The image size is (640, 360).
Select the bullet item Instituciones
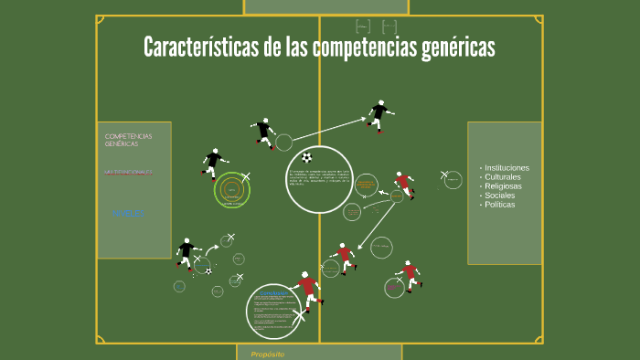point(507,167)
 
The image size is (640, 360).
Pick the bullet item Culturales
point(502,176)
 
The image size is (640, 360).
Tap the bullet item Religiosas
point(504,186)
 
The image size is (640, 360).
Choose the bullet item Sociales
point(500,196)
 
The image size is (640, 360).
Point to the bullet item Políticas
point(500,205)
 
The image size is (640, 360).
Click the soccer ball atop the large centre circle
point(307,157)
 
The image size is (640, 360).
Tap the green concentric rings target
point(232,190)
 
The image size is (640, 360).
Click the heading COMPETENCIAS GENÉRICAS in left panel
point(129,140)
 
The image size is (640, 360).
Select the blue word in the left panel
point(128,213)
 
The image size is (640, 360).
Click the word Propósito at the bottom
point(268,354)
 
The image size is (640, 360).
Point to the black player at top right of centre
point(379,115)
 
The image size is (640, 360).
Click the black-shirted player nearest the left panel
point(213,163)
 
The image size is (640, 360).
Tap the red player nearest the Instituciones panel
point(403,185)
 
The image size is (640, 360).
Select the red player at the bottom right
point(409,274)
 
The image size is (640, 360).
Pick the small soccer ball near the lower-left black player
point(208,270)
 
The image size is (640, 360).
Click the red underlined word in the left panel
point(128,172)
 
